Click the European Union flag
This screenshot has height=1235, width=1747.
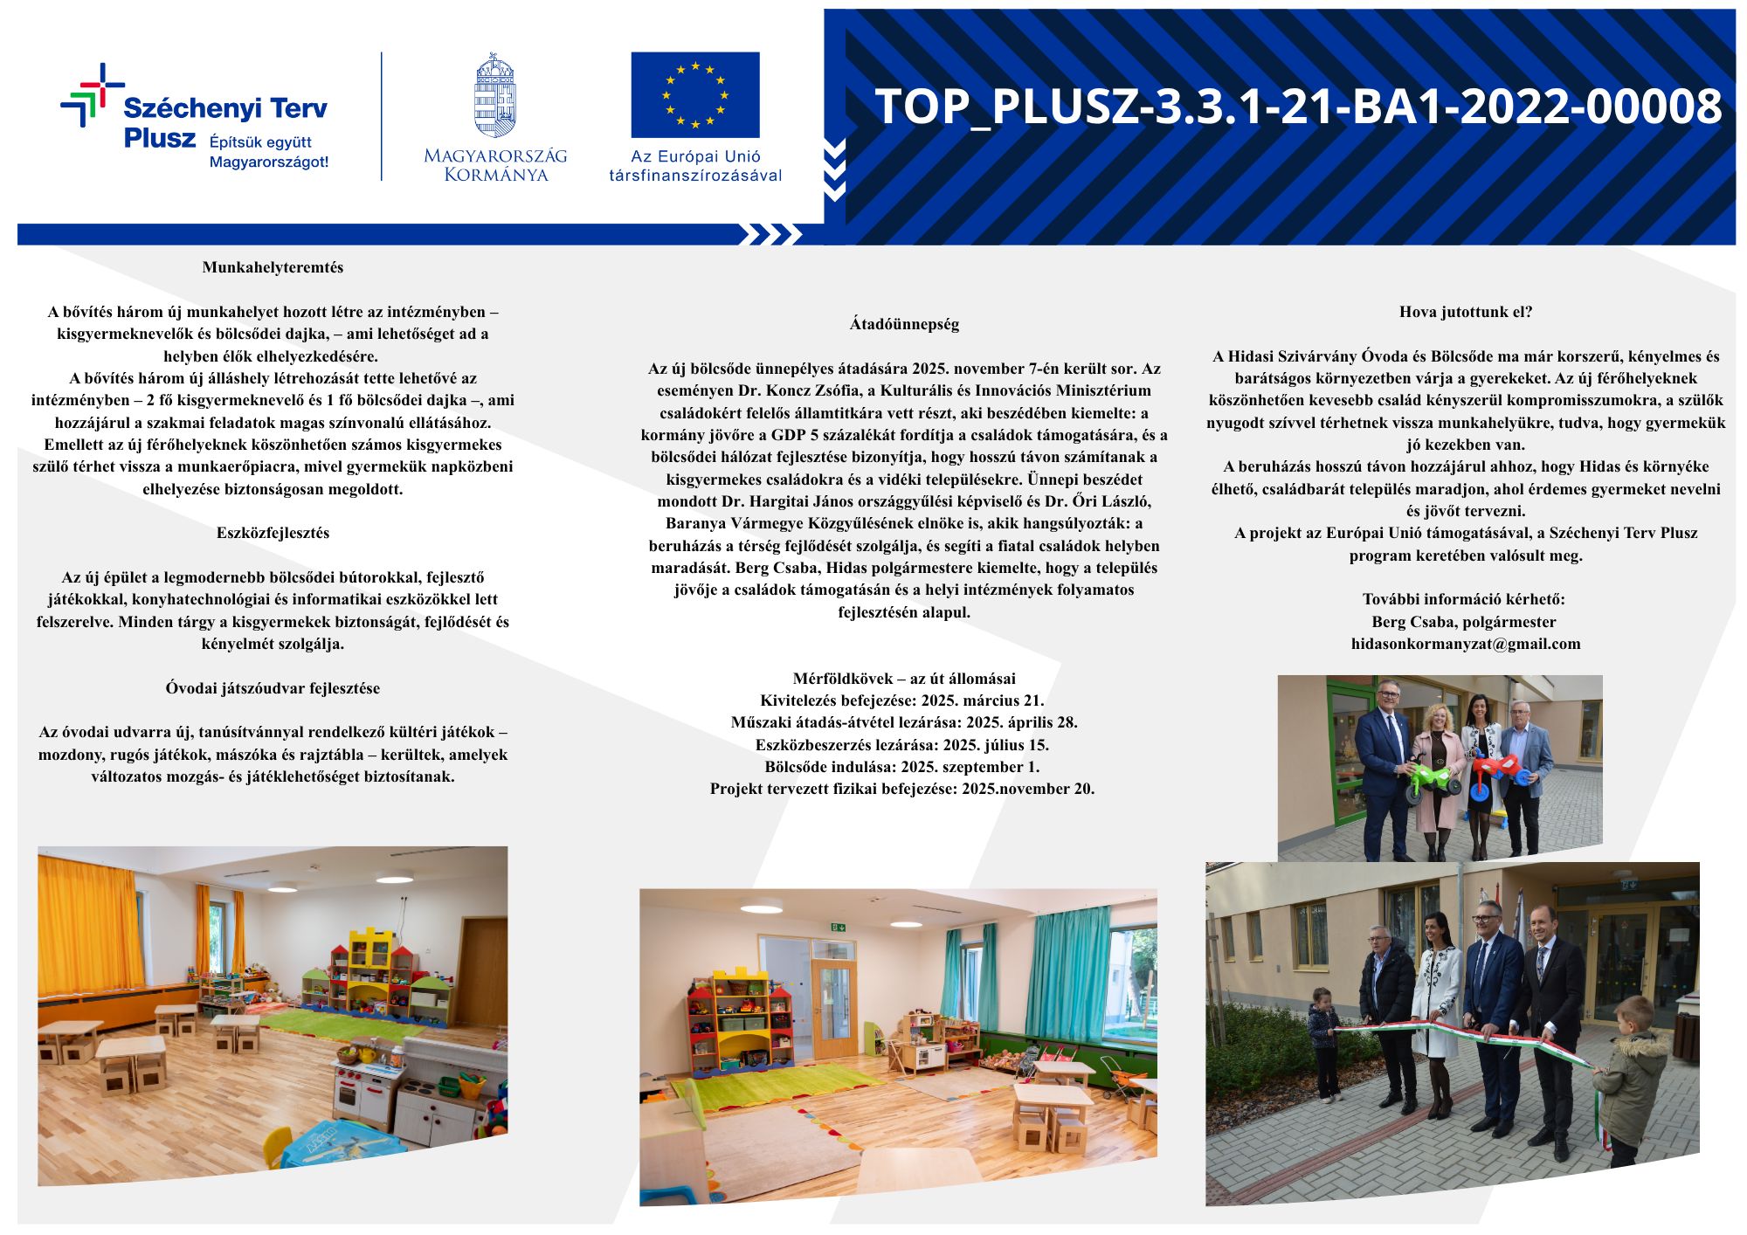point(695,94)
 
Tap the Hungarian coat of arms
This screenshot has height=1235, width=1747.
point(494,95)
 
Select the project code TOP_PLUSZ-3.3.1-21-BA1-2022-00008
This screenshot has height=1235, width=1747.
point(1298,107)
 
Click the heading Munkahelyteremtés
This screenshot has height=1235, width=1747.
point(273,267)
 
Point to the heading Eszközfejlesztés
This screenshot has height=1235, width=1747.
point(273,533)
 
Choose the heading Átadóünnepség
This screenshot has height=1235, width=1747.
point(904,324)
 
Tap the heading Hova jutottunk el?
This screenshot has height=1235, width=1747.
point(1466,312)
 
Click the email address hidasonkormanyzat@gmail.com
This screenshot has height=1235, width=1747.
point(1466,644)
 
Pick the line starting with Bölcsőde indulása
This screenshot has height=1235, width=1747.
point(902,767)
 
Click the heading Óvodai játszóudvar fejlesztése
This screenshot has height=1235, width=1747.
point(273,688)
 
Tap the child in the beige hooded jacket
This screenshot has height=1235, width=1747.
point(1629,1083)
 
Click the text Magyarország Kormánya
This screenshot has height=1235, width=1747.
point(494,165)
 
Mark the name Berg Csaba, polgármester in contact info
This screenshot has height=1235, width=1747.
point(1464,622)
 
